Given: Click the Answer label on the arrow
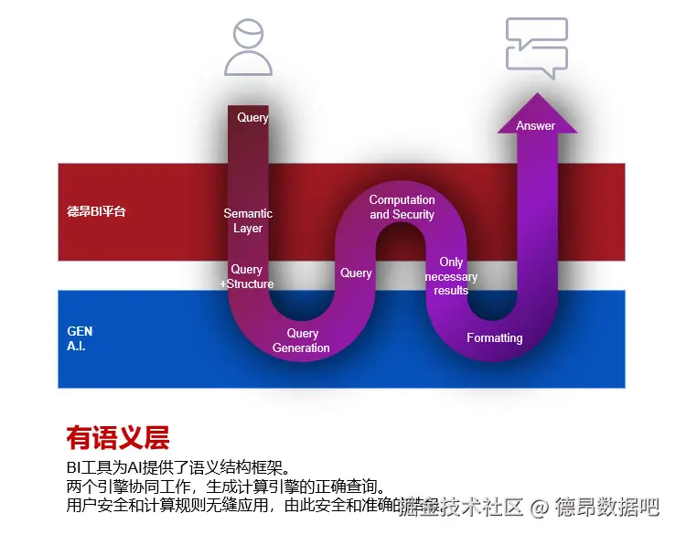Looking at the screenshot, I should click(535, 126).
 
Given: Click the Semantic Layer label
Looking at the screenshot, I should click(248, 221).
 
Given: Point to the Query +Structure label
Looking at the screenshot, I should click(247, 276).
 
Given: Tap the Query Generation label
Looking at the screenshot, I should click(302, 341).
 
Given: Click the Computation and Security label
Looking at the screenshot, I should click(402, 207).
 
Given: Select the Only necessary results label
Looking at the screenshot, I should click(451, 276).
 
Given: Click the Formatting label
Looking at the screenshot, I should click(494, 338).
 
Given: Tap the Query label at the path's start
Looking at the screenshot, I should click(252, 117).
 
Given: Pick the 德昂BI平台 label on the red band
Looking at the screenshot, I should click(96, 212).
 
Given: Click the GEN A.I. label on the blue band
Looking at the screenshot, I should click(80, 339).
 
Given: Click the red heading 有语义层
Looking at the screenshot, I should click(117, 438).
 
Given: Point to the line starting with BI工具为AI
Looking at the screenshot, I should click(183, 467).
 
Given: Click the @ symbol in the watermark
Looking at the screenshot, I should click(540, 506).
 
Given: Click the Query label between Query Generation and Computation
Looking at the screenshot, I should click(356, 273).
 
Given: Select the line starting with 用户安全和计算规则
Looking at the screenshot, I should click(229, 505).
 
